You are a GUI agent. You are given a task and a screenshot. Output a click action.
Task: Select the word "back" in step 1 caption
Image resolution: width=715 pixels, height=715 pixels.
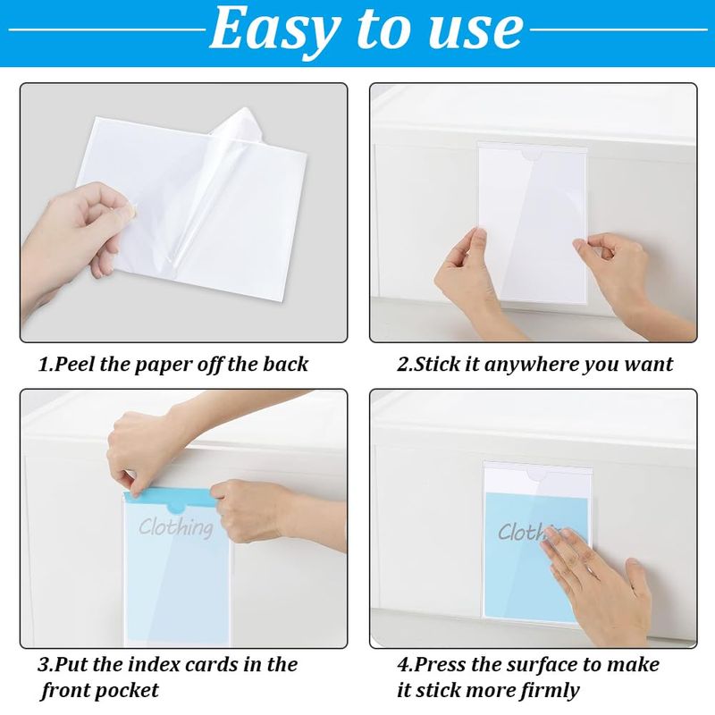(285, 364)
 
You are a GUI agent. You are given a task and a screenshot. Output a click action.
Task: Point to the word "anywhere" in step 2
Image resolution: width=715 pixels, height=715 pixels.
(532, 365)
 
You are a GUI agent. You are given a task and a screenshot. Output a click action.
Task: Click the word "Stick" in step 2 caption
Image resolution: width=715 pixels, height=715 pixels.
(436, 364)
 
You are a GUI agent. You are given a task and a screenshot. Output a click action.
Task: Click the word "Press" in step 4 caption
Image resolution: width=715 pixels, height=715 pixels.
(441, 664)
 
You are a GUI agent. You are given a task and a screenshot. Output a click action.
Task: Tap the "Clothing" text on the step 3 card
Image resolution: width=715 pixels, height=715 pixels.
(175, 527)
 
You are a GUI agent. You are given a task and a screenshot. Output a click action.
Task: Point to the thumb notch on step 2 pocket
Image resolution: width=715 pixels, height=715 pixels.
(532, 156)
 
